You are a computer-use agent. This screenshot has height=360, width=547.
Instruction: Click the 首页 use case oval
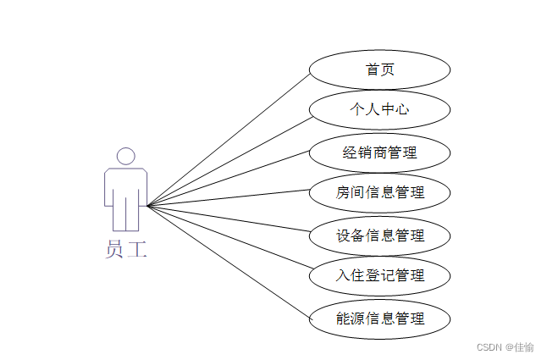click(379, 70)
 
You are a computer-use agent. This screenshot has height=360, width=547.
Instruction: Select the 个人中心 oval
click(379, 110)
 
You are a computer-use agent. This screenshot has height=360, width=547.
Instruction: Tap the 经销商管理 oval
click(379, 153)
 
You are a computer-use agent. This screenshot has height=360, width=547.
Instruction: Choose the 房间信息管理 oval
click(379, 192)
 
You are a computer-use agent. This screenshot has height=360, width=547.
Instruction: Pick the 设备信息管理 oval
click(379, 235)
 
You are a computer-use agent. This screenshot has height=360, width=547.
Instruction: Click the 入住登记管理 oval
click(379, 275)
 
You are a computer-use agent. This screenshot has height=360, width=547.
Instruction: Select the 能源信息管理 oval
click(379, 318)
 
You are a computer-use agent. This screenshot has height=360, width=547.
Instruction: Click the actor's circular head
click(125, 156)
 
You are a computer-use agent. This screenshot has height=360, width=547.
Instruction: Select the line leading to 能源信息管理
click(229, 261)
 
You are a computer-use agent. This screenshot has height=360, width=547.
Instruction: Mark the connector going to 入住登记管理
click(229, 240)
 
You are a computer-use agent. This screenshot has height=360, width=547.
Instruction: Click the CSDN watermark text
click(489, 347)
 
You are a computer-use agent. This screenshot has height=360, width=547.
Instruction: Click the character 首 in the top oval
click(373, 70)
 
